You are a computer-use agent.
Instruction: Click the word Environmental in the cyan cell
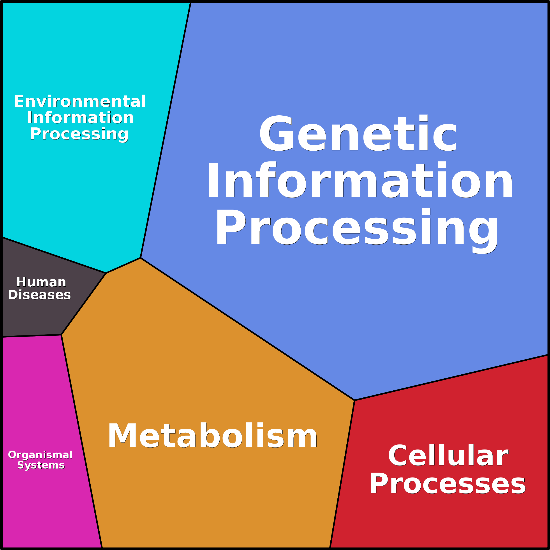(80, 101)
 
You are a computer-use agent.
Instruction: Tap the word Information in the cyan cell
(81, 118)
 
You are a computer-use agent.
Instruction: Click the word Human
(41, 282)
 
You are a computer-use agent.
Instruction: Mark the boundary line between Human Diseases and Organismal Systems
(32, 336)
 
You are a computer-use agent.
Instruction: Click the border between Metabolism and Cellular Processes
(342, 474)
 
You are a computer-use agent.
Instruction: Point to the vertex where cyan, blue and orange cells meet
(141, 258)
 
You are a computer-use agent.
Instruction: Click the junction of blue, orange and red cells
(354, 400)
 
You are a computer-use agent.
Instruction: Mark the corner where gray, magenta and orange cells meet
(61, 335)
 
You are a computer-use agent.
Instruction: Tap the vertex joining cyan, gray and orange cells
(106, 273)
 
